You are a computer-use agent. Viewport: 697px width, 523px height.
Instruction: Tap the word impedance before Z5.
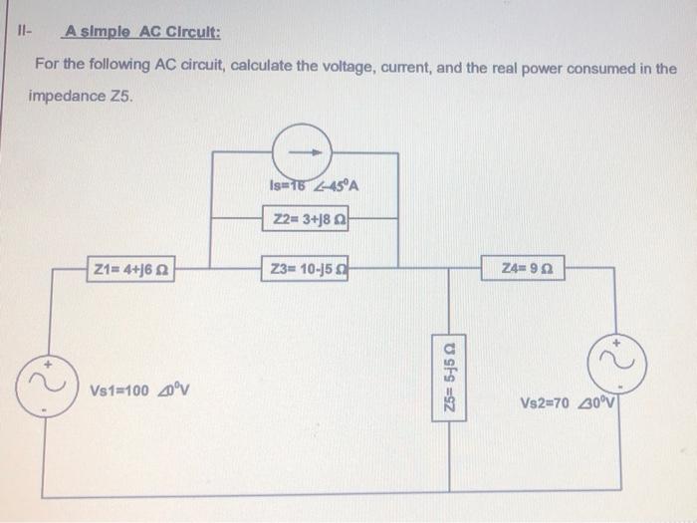[x=65, y=98]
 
